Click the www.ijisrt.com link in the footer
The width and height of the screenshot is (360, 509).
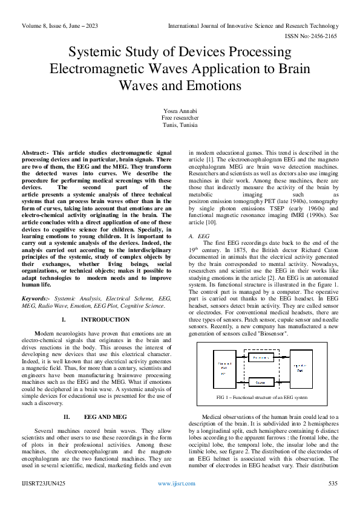(x=176, y=484)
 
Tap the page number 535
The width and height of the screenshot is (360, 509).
(x=332, y=484)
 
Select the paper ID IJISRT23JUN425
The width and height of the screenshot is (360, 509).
(x=44, y=484)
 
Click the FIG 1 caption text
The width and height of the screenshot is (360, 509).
(x=262, y=397)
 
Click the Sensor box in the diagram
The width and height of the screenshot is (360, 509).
(x=261, y=383)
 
